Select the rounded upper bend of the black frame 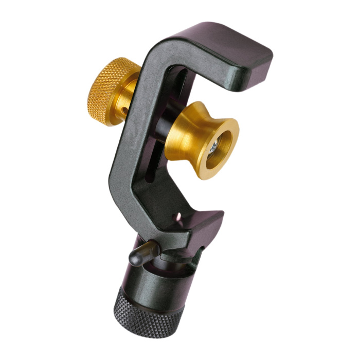click(x=154, y=51)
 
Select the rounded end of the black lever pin click(x=133, y=260)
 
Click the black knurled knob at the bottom click(x=149, y=314)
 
